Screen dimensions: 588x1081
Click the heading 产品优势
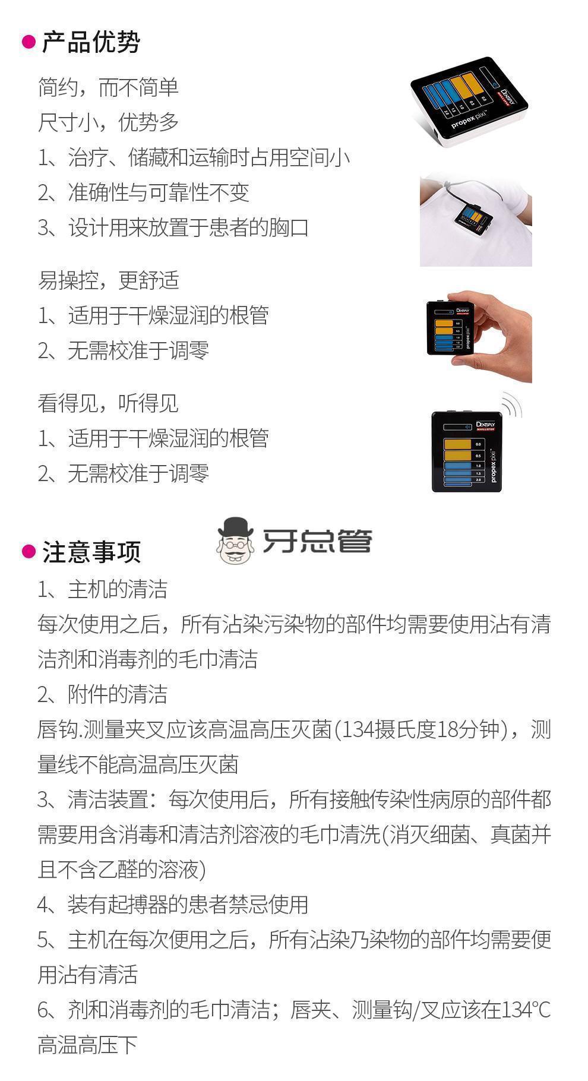(x=91, y=43)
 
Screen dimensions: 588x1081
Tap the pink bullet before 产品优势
(x=29, y=42)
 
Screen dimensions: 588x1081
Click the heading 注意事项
(x=91, y=552)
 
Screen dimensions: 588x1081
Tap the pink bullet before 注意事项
(x=29, y=552)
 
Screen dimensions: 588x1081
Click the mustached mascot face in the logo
(x=236, y=540)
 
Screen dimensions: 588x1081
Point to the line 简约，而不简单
(x=108, y=87)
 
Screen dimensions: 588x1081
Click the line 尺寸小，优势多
(x=108, y=122)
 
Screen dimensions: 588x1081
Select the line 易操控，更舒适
(x=108, y=280)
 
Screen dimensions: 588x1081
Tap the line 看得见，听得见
(x=108, y=403)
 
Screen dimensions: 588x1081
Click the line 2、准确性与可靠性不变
(x=143, y=192)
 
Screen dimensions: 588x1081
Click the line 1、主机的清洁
(x=103, y=589)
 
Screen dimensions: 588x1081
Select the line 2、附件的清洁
(x=103, y=694)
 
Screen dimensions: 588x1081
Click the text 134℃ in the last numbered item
(x=526, y=1010)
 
